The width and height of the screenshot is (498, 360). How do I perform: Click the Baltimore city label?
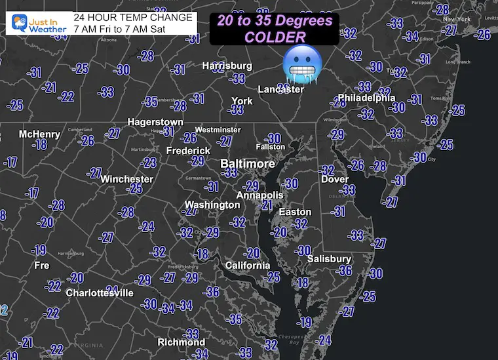248,163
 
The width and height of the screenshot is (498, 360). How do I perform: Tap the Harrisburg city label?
227,66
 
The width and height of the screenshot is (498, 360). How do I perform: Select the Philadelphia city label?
367,98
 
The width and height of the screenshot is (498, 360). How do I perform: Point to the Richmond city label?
182,342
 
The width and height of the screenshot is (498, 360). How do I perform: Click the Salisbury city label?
330,259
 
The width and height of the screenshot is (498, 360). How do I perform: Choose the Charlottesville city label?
100,293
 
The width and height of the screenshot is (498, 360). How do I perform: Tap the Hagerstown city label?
155,122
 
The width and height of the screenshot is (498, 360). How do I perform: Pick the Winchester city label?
126,179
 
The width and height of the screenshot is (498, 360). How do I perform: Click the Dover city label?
334,179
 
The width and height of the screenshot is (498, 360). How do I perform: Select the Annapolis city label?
259,195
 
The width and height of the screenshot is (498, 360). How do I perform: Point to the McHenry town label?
39,134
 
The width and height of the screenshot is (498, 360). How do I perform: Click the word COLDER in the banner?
275,37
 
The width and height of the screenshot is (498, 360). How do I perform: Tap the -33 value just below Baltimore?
229,172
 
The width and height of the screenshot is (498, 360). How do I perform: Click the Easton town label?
295,212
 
